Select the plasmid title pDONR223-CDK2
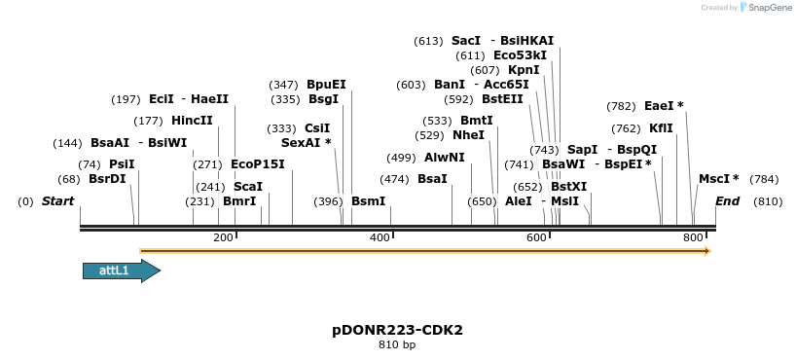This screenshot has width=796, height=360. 397,330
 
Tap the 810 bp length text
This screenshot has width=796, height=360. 397,344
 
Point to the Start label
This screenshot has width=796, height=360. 57,201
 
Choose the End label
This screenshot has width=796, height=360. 727,201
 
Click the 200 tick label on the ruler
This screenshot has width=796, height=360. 223,238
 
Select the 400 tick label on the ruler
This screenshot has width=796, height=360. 380,238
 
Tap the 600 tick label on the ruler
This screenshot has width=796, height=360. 536,238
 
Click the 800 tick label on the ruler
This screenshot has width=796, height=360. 693,238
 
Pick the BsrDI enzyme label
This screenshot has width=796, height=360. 107,179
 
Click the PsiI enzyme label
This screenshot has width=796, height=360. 122,164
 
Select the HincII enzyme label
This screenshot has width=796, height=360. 192,121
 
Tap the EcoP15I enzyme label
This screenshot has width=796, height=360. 258,164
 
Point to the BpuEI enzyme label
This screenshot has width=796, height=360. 326,85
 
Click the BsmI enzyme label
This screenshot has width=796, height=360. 369,201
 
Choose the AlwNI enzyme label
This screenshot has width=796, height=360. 445,158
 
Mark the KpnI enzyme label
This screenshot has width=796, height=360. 524,70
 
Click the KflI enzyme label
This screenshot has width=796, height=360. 661,128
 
